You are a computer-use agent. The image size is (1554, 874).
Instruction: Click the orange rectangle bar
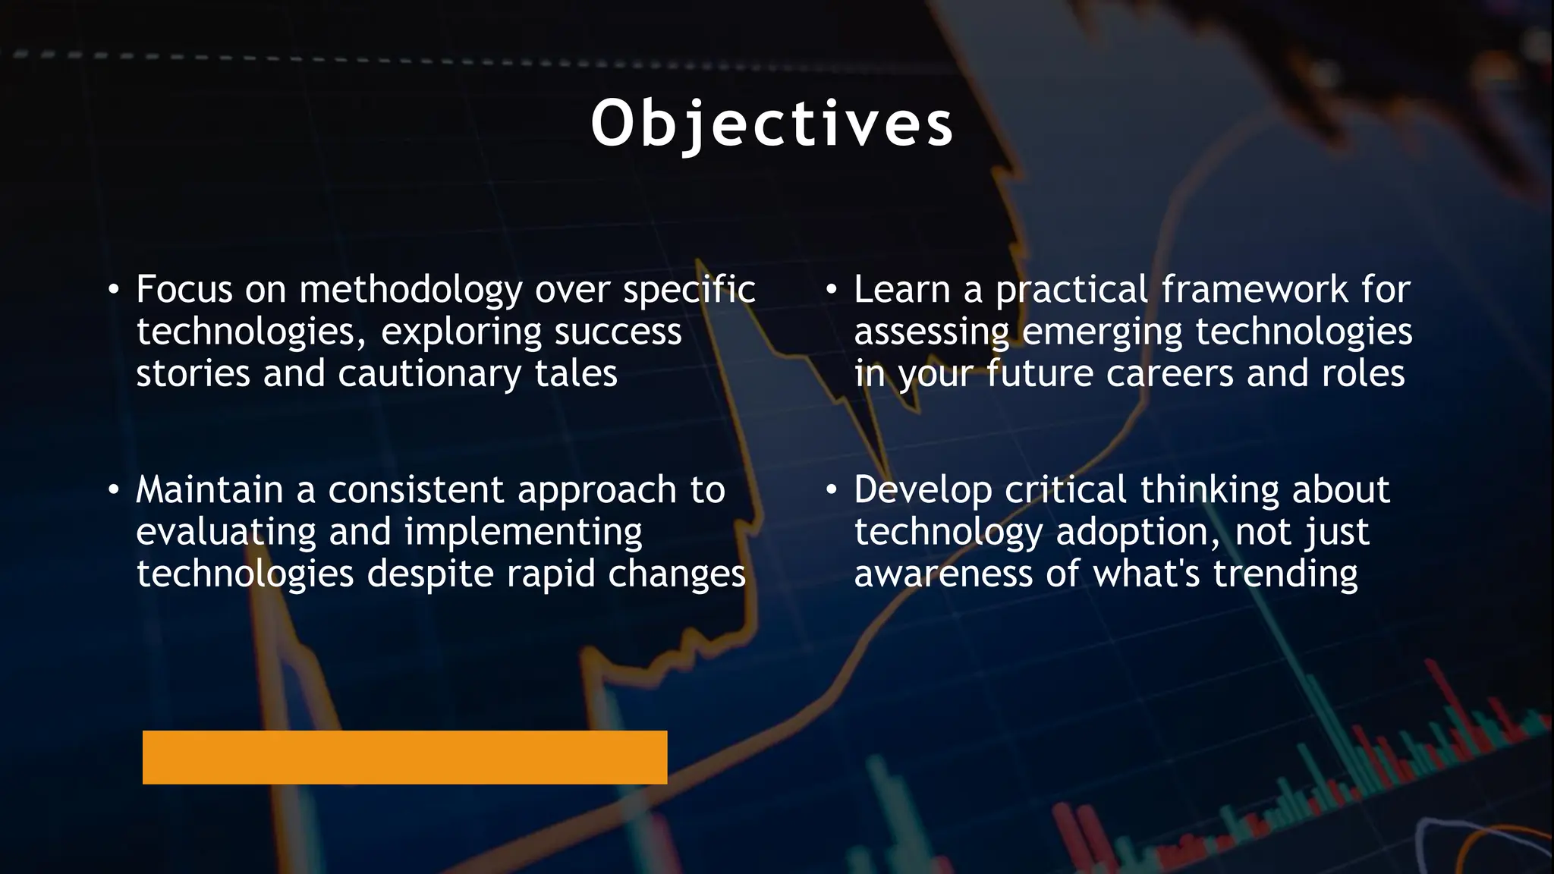[404, 757]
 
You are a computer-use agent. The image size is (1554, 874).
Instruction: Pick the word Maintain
[209, 490]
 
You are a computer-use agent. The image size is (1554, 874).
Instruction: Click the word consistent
[416, 490]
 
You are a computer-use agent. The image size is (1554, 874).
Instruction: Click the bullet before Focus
[113, 290]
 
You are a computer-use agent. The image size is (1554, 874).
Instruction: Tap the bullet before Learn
[831, 290]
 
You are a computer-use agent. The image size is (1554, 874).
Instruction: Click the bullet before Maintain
[113, 490]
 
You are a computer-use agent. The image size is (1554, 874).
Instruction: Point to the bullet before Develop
[831, 490]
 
